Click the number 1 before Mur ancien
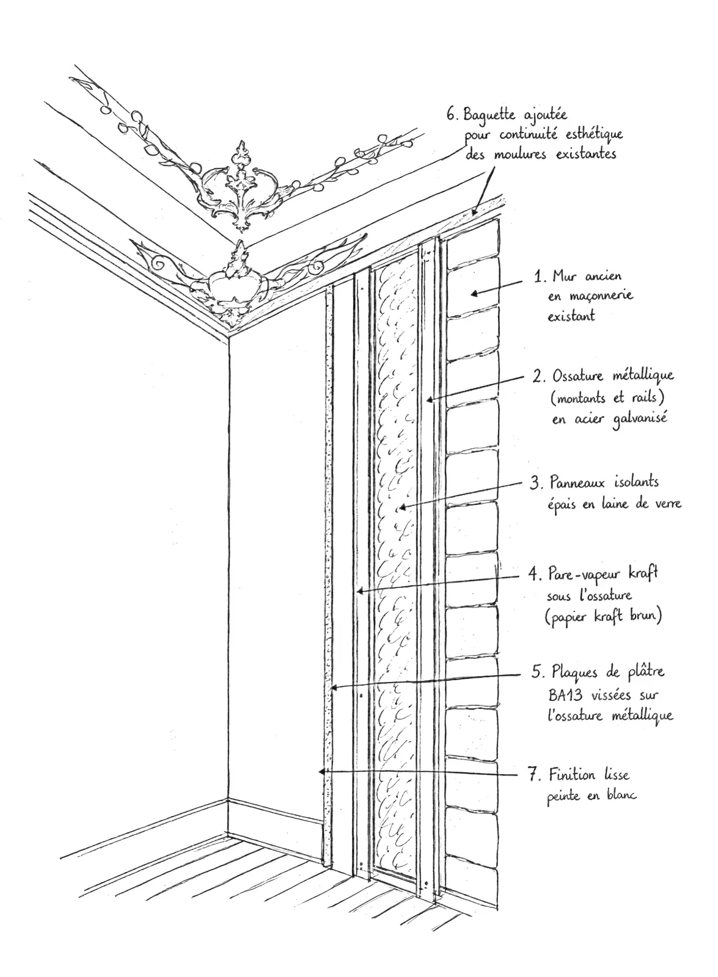point(538,276)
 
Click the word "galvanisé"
point(640,419)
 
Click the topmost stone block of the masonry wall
point(473,244)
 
